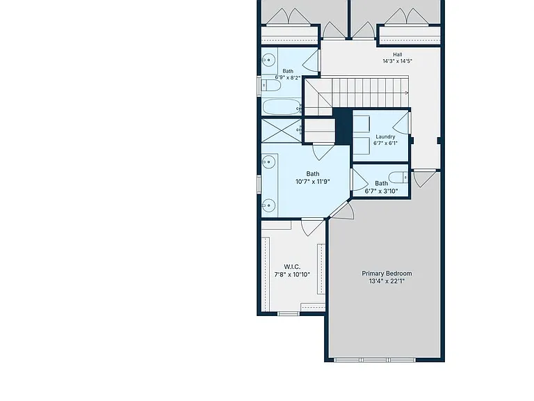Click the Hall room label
click(398, 54)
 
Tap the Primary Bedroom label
click(387, 274)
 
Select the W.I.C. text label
click(292, 267)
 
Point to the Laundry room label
click(385, 136)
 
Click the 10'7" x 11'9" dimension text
click(313, 182)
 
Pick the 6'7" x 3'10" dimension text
click(381, 191)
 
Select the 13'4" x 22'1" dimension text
click(387, 281)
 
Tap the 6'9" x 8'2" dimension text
click(288, 78)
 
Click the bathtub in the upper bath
click(282, 107)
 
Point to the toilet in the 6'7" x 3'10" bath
click(398, 178)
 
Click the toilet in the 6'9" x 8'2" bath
click(271, 85)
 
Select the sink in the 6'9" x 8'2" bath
click(268, 61)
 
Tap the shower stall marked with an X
click(282, 130)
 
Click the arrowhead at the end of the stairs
click(407, 93)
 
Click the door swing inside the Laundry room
click(400, 123)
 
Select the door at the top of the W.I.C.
click(313, 227)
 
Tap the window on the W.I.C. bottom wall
click(289, 314)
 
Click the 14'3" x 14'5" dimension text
click(398, 61)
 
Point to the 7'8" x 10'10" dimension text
click(292, 274)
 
